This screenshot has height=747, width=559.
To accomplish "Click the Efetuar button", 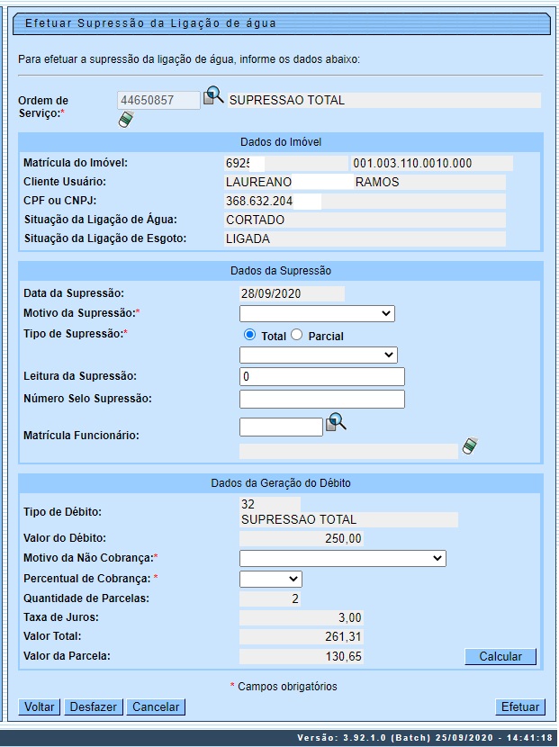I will point(520,706).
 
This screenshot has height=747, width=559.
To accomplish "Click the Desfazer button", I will point(94,706).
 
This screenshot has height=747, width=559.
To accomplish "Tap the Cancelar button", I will point(156,706).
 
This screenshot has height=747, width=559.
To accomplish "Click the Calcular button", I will point(500,656).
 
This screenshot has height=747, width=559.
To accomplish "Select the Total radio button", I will point(249,335).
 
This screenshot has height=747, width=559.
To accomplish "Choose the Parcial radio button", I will point(296,335).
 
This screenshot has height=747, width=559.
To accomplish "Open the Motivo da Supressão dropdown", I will point(317,313).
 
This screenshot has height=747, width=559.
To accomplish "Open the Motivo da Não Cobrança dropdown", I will point(343,558).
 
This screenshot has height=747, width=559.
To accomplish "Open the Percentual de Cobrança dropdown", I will point(271,579).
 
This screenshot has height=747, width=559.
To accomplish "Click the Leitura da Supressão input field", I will point(322,376).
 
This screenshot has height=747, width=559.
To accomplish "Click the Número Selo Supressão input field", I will point(322,399).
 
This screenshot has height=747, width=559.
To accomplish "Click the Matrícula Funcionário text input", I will point(281,427).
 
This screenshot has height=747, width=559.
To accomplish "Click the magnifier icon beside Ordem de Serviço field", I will point(212,95).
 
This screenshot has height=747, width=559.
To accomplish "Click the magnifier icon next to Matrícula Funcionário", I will point(336,422).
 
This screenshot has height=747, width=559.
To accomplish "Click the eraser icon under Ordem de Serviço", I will point(126,119).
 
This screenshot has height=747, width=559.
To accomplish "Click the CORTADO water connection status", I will point(256,220).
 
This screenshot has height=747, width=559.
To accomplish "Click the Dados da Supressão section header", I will point(280,270).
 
